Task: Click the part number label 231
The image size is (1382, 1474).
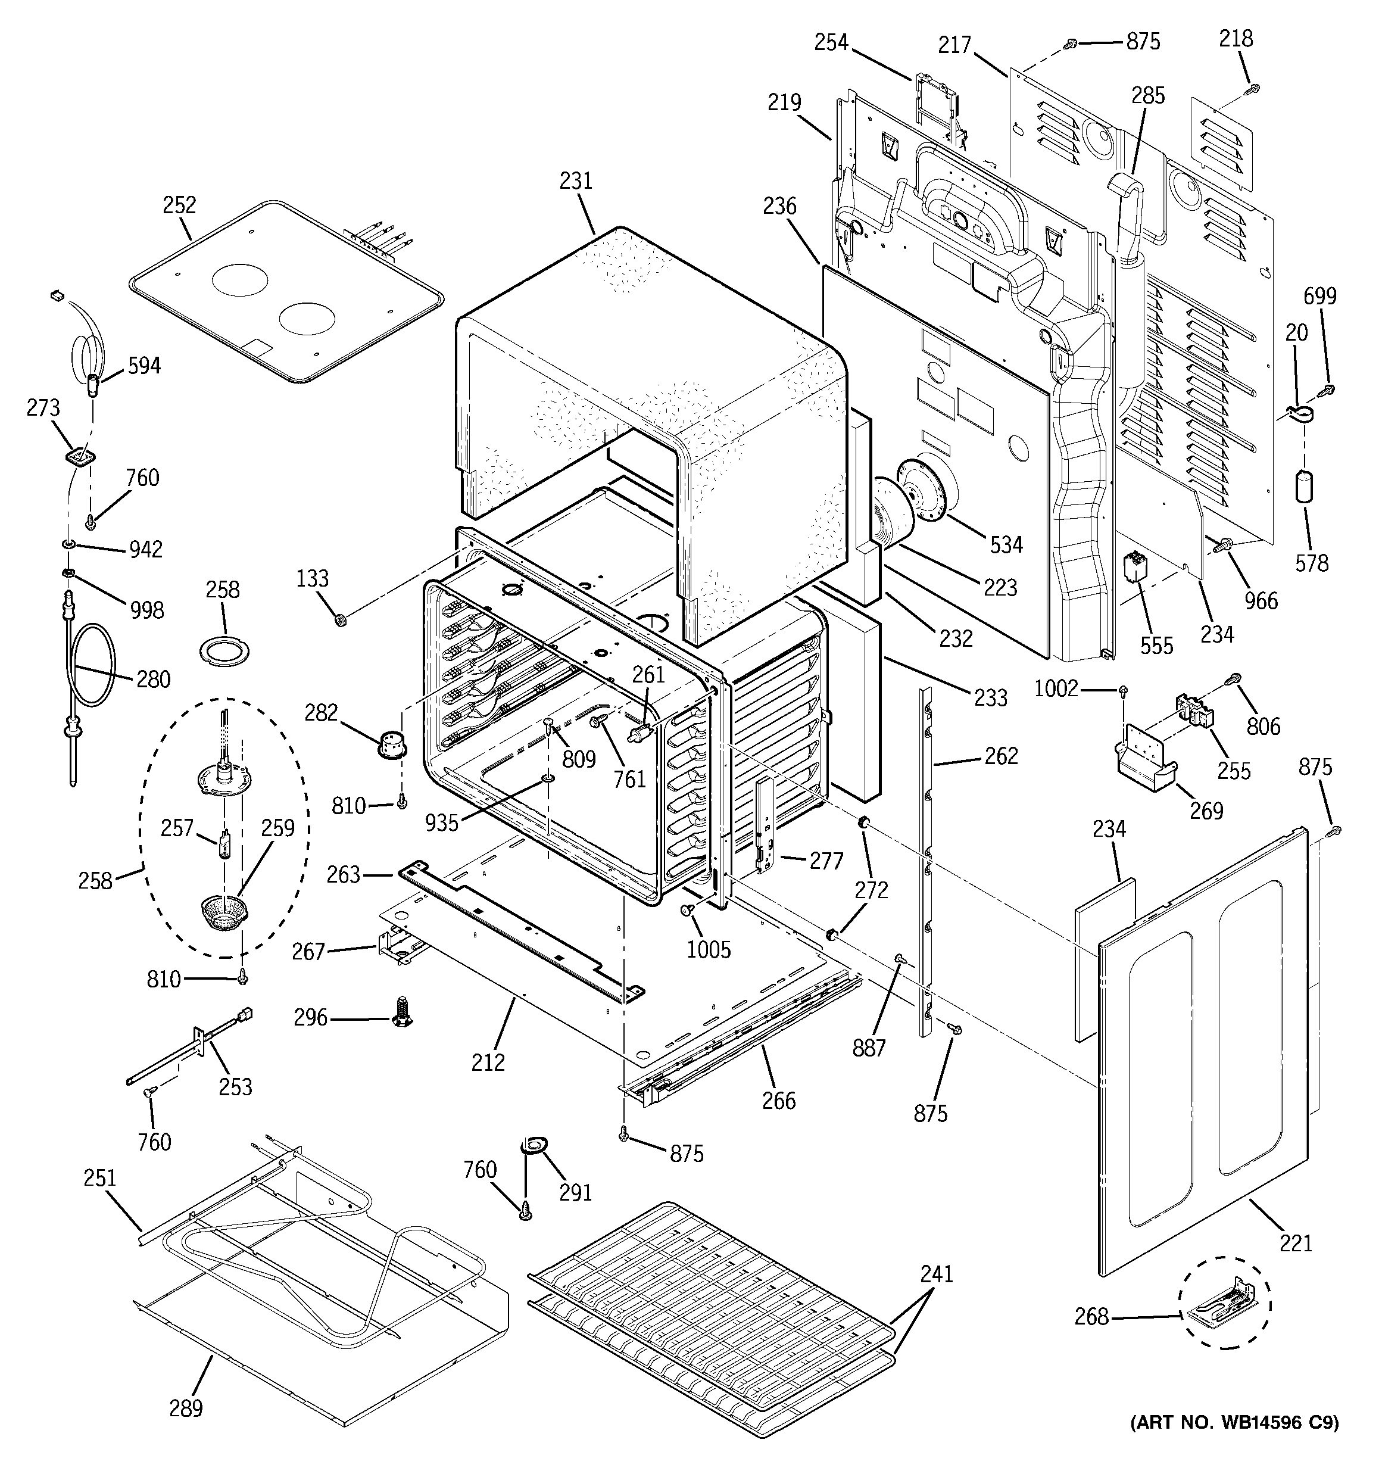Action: [x=576, y=181]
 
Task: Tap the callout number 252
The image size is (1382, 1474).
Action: [x=179, y=205]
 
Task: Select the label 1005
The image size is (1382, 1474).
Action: [x=709, y=949]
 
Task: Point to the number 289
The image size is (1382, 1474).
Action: [x=185, y=1408]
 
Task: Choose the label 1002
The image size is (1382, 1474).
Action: [x=1056, y=689]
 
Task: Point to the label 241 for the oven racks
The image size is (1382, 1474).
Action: [x=937, y=1274]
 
